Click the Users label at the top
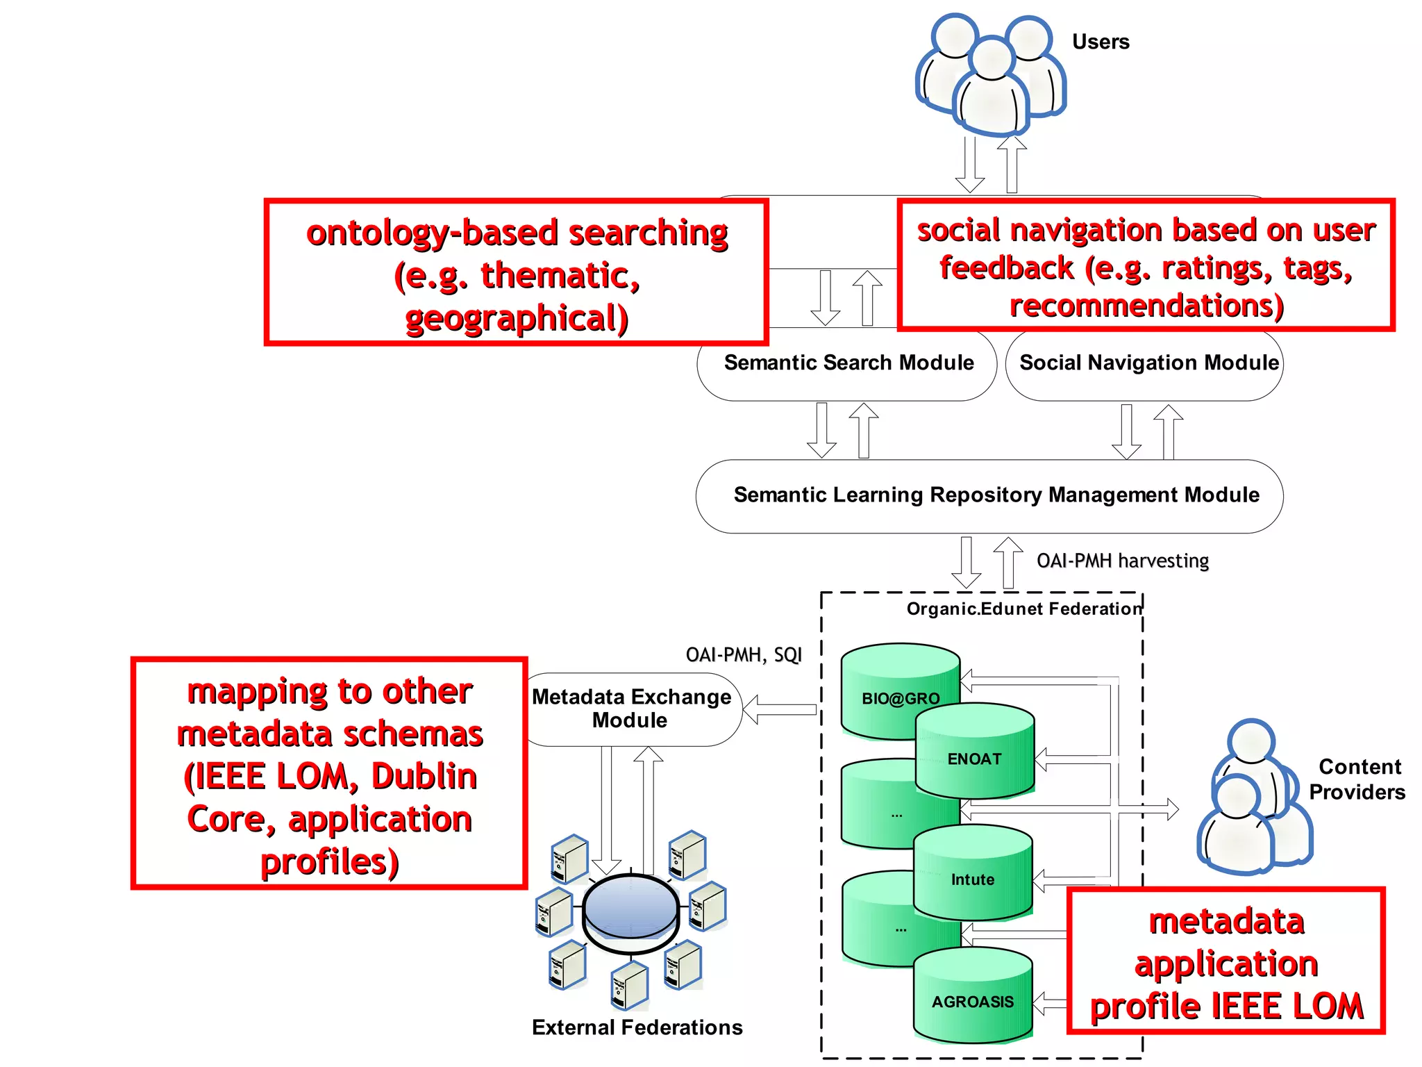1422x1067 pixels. [1100, 42]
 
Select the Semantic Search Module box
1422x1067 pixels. [848, 363]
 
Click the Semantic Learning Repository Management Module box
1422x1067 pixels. [996, 495]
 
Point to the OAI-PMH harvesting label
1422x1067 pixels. [1122, 561]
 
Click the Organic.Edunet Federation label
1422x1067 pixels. [1023, 609]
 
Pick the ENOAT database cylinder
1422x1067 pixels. [975, 757]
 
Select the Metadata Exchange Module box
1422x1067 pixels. [631, 709]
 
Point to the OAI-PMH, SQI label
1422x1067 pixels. [743, 655]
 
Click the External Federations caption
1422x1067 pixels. [637, 1027]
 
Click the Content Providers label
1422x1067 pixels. [1357, 779]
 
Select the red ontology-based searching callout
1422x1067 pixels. [516, 273]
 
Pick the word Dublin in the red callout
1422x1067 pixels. [424, 777]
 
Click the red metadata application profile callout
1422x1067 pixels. [1226, 963]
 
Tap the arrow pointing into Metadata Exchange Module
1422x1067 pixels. [779, 709]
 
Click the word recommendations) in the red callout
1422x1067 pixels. [1146, 306]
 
